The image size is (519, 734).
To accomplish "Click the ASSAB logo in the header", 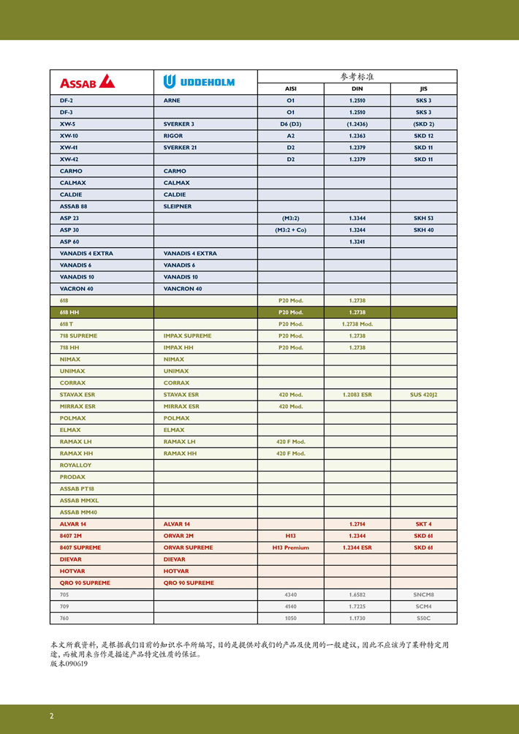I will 87,81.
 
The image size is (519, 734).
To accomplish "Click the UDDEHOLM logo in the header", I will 199,81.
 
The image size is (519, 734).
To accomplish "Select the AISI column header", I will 290,88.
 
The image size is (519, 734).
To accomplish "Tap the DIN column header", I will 357,88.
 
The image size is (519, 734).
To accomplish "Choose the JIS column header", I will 423,88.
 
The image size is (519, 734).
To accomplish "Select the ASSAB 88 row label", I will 74,206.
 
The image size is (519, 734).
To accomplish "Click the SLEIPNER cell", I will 178,206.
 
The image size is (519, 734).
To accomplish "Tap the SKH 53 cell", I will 423,218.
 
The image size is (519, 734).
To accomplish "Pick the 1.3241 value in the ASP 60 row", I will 357,241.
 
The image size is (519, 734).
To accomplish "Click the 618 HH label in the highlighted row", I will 70,312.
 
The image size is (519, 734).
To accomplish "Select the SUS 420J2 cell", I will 423,395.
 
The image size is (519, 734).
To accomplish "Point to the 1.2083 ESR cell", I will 357,395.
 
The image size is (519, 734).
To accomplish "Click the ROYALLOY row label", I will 75,465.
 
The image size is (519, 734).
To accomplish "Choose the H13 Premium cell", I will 290,548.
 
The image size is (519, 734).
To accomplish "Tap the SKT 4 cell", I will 423,524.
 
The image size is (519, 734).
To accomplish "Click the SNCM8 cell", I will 423,594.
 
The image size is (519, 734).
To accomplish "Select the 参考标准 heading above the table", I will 357,76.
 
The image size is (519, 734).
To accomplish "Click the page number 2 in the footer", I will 51,716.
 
